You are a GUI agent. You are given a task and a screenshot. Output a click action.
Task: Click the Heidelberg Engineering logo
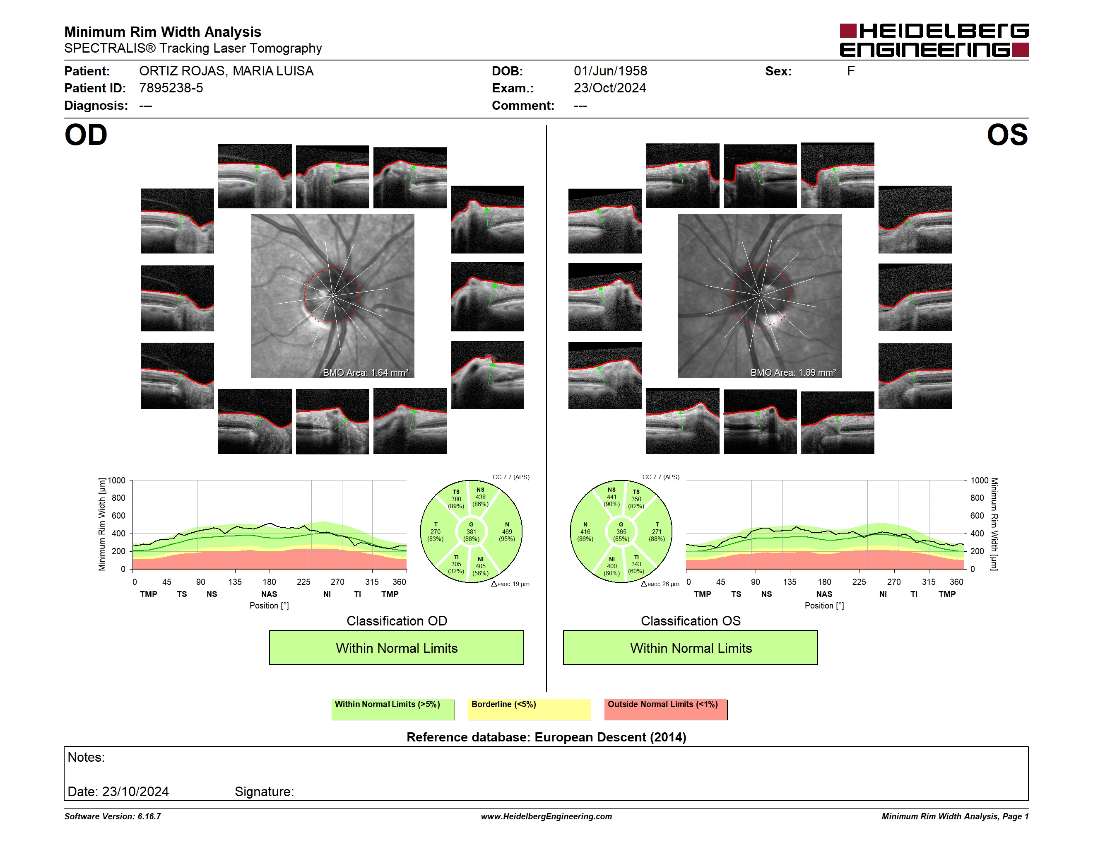(934, 40)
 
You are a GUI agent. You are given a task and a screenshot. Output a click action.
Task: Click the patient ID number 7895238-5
(171, 88)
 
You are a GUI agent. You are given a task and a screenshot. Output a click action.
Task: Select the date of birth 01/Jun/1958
(610, 71)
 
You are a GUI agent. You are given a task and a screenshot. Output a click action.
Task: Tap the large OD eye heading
(86, 135)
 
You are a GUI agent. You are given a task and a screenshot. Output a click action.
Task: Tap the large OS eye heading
(1007, 135)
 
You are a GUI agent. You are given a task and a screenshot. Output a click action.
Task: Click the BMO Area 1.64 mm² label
(365, 372)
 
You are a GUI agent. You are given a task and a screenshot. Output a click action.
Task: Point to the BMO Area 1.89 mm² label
(793, 372)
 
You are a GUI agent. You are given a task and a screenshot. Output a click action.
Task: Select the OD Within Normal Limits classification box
(396, 647)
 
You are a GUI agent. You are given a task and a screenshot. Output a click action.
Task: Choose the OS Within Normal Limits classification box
(691, 647)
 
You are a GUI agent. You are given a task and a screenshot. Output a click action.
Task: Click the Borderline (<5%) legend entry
(530, 709)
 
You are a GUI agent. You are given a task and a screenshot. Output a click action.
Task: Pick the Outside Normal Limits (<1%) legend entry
(666, 709)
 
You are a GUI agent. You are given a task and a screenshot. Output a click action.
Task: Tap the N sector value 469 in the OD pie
(507, 531)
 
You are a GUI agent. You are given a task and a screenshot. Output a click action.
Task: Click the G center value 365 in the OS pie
(621, 531)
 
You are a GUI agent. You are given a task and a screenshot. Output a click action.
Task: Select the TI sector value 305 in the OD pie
(456, 564)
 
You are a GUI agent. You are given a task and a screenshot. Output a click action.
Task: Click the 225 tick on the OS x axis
(859, 582)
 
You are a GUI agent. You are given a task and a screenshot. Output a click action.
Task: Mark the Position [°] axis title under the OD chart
(269, 606)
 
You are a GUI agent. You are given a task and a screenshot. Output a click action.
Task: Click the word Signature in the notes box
(263, 792)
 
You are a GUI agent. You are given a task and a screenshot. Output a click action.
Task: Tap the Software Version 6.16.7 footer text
(113, 816)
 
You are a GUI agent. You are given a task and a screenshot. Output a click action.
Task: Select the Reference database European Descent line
(546, 737)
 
